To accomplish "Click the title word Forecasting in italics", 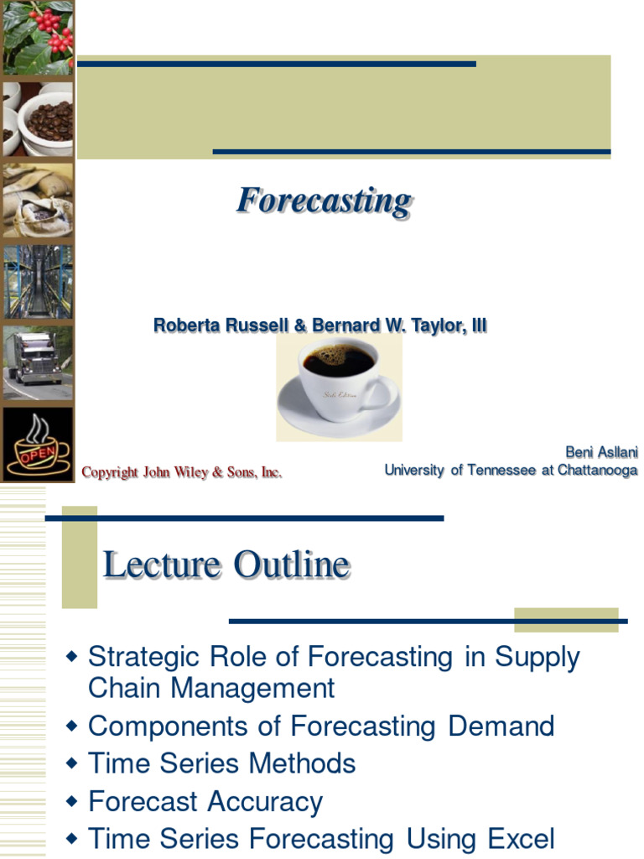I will click(324, 202).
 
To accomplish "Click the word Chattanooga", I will click(597, 471).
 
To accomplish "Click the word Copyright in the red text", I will click(110, 473).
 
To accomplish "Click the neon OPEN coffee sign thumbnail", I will click(37, 444).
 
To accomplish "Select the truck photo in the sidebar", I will click(37, 362).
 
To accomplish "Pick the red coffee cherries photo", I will click(37, 37).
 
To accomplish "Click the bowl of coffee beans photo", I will click(37, 119).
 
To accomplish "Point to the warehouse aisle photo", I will click(37, 282).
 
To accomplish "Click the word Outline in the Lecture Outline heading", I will click(291, 565).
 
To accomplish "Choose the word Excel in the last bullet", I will click(522, 839).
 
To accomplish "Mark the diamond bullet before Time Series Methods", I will click(71, 764).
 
